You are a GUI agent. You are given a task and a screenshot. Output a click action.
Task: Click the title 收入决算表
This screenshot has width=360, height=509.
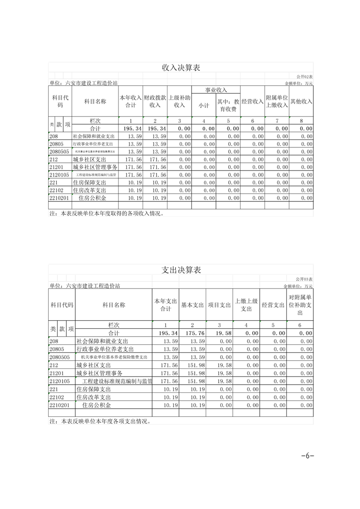181,68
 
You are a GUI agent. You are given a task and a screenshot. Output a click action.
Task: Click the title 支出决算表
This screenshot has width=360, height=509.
181,270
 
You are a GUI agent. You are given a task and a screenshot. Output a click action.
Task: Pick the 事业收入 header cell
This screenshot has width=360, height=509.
216,90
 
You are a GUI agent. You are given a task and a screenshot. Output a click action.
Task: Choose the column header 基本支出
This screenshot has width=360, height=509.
192,305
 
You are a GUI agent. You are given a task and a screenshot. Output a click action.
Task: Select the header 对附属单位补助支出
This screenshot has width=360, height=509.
300,305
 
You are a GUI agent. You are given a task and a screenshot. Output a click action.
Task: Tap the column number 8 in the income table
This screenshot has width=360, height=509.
301,121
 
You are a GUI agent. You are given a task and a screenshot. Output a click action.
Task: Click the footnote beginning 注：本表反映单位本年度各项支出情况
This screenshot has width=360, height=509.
100,421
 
